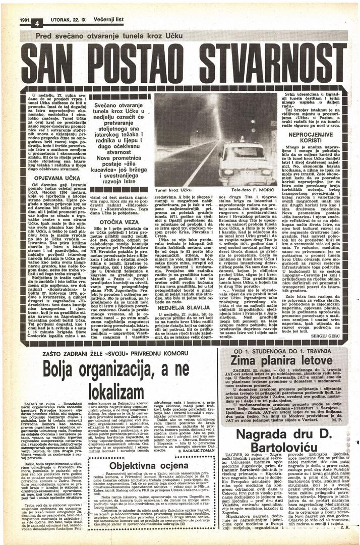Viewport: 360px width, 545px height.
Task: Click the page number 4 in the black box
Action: [x=37, y=23]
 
